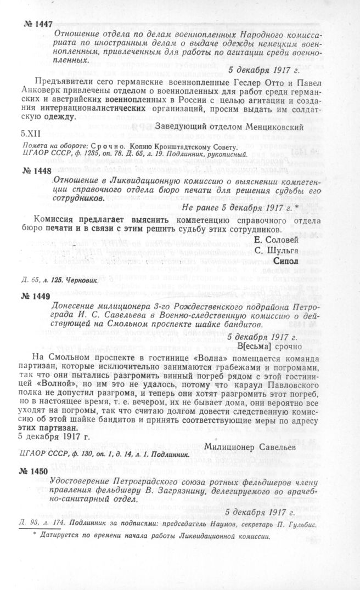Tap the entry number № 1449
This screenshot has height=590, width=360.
coord(35,296)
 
